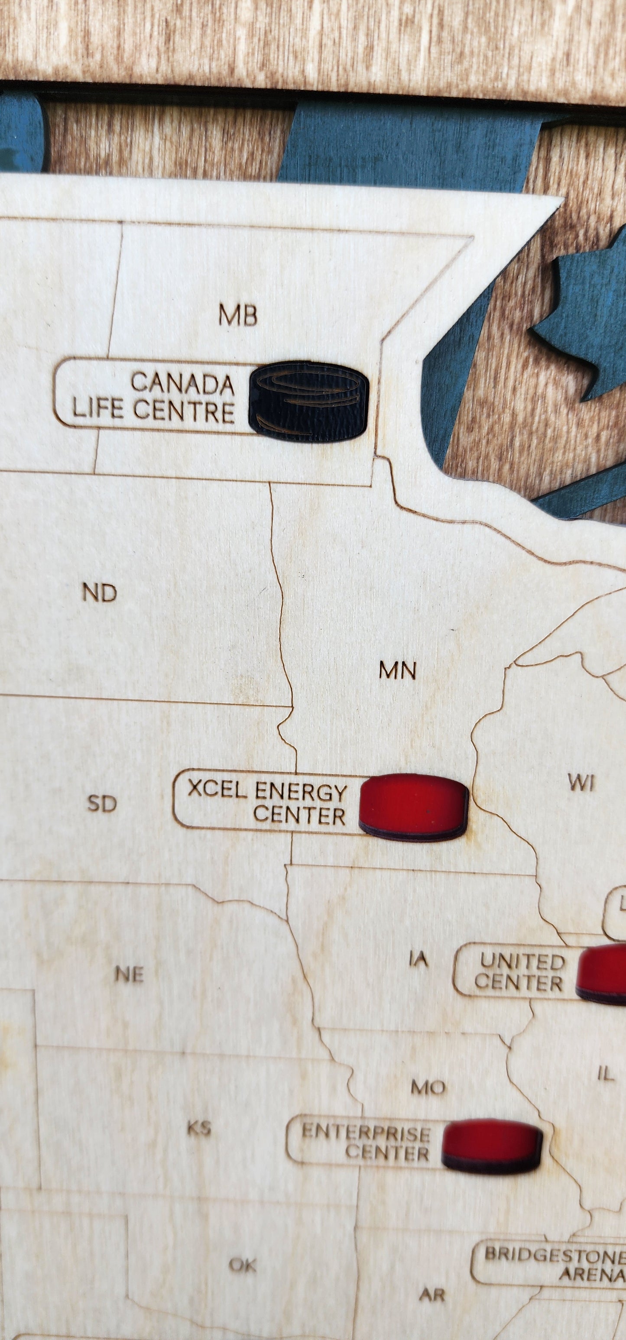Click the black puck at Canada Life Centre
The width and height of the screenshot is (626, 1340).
click(x=308, y=401)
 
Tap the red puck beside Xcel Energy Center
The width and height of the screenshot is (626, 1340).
click(x=414, y=807)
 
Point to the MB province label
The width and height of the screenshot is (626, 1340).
click(x=238, y=315)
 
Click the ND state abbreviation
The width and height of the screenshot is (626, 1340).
click(x=99, y=593)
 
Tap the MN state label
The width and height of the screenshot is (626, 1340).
click(x=398, y=671)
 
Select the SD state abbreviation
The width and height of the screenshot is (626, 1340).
click(x=101, y=804)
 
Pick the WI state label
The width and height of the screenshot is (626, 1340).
click(x=581, y=783)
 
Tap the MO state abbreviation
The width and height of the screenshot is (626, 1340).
click(x=428, y=1087)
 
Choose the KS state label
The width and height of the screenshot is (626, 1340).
click(x=199, y=1128)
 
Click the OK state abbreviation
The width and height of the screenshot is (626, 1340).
click(x=243, y=1265)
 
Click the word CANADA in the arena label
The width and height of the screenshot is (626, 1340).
click(x=182, y=383)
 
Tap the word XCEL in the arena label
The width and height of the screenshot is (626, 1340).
click(x=217, y=789)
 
